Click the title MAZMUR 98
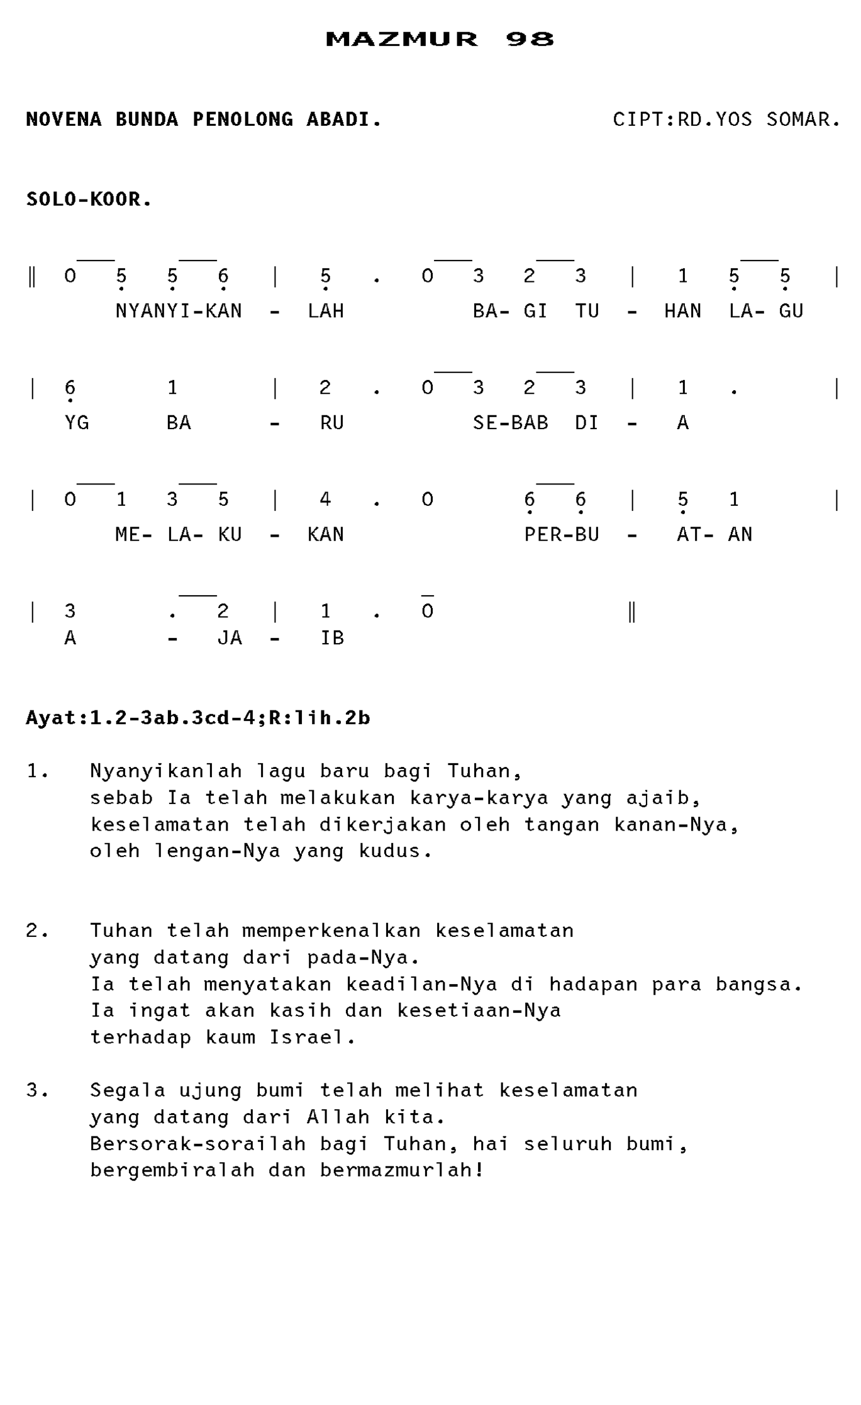[440, 39]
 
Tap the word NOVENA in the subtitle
[64, 120]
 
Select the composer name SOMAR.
[803, 120]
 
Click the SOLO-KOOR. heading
[89, 199]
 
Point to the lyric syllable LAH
[326, 311]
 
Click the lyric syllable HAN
[682, 311]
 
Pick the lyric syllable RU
[331, 422]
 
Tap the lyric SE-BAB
[510, 422]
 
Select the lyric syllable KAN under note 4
[326, 534]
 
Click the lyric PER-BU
[561, 534]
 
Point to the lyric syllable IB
[332, 638]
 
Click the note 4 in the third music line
[325, 500]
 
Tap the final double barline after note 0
[632, 611]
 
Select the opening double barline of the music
[32, 276]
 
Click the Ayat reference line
[198, 718]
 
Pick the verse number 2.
[36, 931]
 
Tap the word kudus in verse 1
[395, 851]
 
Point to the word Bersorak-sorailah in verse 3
[197, 1143]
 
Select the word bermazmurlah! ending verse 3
[402, 1170]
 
